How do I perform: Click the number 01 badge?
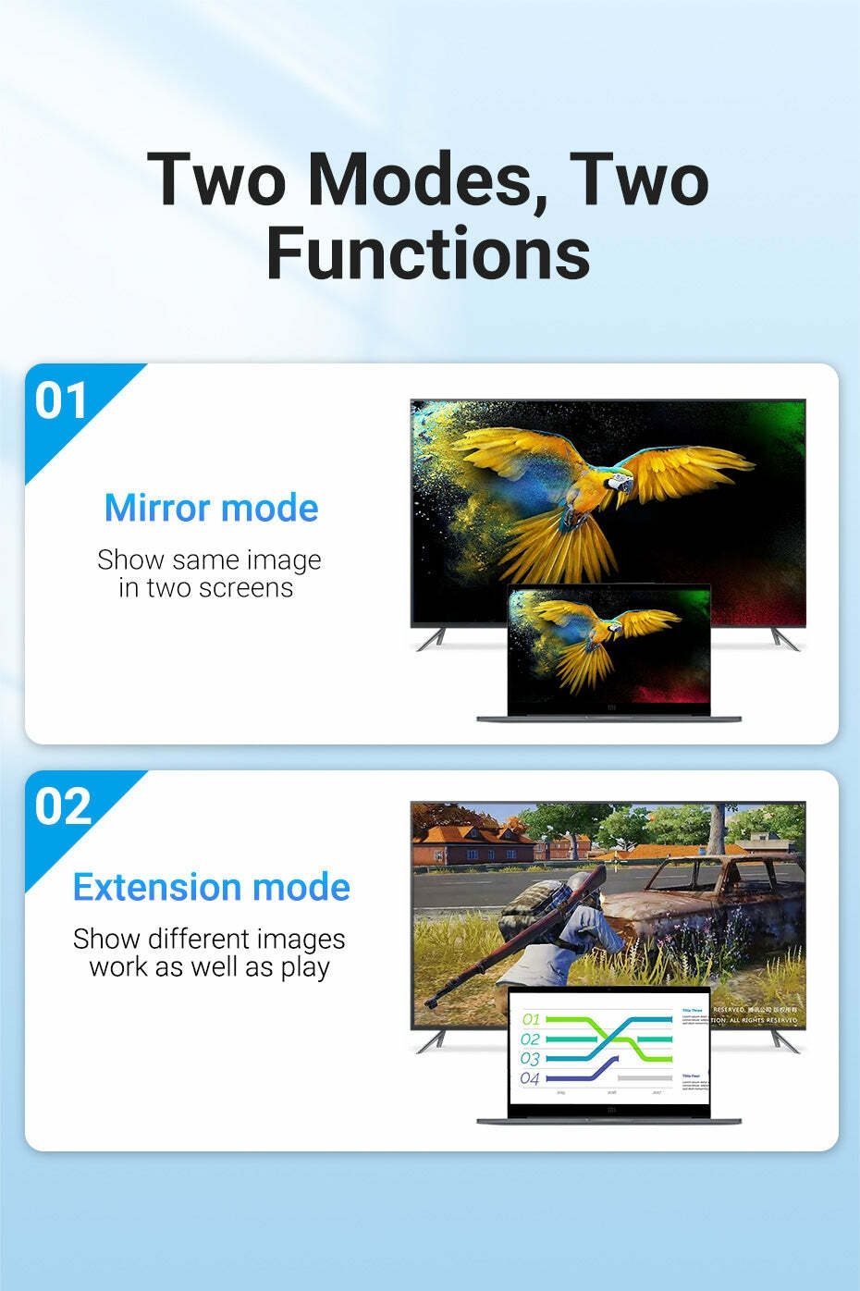pos(61,400)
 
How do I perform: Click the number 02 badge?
pos(63,807)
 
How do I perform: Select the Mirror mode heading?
pos(211,508)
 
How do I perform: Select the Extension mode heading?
pos(211,887)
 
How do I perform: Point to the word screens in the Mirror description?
pos(247,588)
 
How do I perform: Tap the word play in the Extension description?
pos(304,968)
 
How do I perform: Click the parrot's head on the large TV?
pos(620,483)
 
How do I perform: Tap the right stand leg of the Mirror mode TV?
pos(784,639)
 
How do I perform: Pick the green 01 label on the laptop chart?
pos(531,1019)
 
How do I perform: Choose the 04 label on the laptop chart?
pos(530,1078)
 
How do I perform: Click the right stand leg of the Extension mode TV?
pos(784,1041)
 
